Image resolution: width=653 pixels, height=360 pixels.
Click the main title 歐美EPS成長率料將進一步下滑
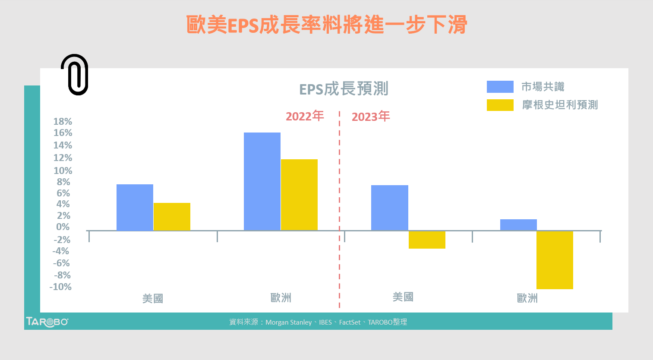click(x=327, y=25)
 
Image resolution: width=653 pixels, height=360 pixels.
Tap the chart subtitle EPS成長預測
click(x=344, y=89)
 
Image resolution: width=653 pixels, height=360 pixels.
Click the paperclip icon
click(x=75, y=75)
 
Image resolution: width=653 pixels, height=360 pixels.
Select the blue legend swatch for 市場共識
click(x=500, y=87)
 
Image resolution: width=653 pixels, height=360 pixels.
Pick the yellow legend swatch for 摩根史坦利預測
click(x=500, y=105)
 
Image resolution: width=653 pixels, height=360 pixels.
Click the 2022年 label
click(x=305, y=116)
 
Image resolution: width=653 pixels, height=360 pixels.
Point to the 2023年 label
click(x=371, y=117)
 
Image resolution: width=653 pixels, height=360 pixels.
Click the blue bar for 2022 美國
click(x=135, y=207)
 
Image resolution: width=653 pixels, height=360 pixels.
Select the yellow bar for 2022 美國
click(x=172, y=217)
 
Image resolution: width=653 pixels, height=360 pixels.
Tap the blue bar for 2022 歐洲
click(x=262, y=181)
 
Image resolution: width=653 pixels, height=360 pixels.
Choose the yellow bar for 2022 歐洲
click(x=299, y=195)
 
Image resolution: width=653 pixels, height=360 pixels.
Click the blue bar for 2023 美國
click(x=389, y=208)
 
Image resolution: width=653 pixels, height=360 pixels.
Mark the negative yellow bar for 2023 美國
click(x=427, y=240)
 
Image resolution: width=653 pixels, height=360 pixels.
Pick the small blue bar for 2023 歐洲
click(x=518, y=225)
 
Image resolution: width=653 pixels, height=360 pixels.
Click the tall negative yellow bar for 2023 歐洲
click(x=555, y=260)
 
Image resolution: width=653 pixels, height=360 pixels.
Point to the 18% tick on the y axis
click(x=63, y=121)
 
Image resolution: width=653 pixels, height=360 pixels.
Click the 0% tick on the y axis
click(x=63, y=227)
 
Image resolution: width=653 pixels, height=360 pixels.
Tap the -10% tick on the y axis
click(x=60, y=287)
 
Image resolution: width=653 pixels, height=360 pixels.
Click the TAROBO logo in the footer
click(x=47, y=322)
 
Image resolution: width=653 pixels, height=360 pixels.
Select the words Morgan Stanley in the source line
click(x=288, y=322)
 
